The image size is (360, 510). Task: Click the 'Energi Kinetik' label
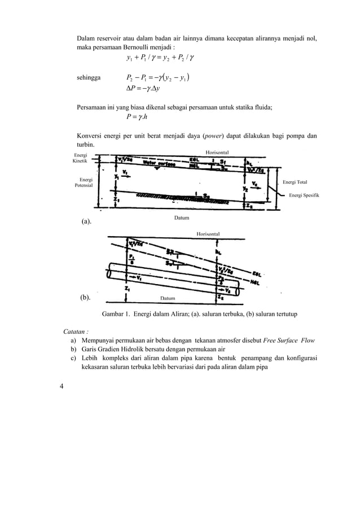point(80,158)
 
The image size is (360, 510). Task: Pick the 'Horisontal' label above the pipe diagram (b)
point(208,233)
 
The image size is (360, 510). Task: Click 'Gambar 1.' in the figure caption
point(116,313)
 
